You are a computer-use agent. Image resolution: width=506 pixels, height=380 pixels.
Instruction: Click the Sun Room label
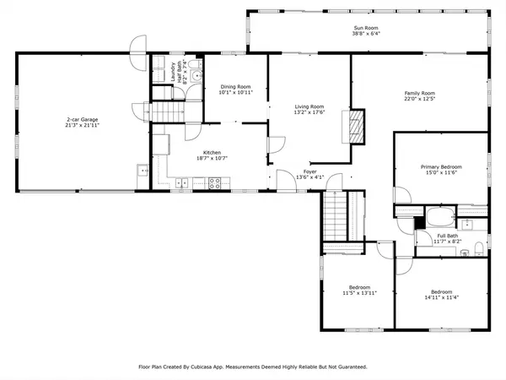pos(366,29)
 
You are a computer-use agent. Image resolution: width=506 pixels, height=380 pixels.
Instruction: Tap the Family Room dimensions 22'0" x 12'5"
pos(419,100)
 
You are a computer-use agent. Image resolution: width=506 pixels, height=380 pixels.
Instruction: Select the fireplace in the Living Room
pos(358,126)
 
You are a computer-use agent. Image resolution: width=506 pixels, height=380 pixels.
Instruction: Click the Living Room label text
pos(310,106)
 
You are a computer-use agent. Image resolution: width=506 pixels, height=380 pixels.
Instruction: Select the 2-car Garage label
pos(83,120)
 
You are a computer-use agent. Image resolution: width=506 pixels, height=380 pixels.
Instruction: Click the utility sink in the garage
pos(142,172)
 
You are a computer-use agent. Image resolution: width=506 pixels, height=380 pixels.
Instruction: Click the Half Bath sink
pos(197,75)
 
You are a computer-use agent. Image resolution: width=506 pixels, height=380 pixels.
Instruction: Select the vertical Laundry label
pos(172,71)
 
